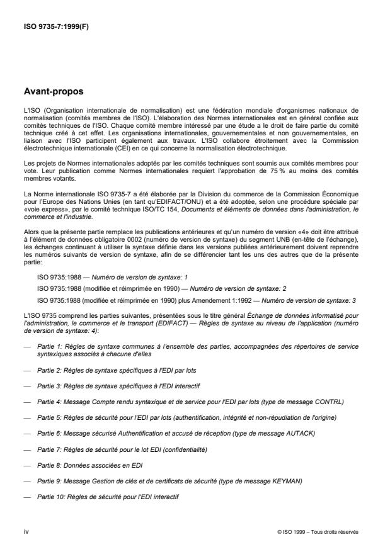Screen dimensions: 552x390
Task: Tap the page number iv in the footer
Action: click(x=27, y=531)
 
